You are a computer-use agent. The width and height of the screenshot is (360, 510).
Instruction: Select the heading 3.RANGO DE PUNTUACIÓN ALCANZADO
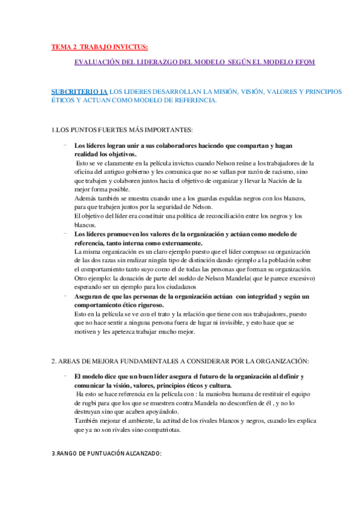[106, 453]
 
